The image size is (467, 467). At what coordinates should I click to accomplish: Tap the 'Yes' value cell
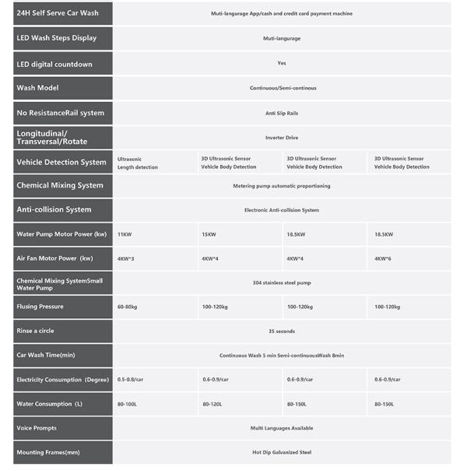[281, 63]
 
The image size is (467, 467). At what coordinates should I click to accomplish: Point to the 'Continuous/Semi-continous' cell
[282, 88]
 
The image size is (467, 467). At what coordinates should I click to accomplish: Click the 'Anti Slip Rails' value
[281, 113]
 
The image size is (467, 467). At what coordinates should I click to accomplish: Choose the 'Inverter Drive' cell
[281, 138]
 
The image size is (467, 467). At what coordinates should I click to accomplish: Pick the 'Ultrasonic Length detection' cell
[138, 163]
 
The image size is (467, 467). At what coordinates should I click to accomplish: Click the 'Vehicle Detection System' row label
[61, 162]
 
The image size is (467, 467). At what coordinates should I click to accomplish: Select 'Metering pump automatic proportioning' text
[281, 186]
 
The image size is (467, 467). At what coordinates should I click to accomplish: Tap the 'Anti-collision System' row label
[54, 209]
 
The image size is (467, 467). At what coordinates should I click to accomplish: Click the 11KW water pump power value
[125, 234]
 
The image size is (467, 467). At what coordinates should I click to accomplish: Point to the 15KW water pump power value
[209, 234]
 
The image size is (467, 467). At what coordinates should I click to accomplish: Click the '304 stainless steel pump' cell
[281, 282]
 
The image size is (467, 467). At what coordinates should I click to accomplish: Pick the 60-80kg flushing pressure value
[129, 307]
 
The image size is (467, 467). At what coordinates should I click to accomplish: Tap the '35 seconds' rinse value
[281, 331]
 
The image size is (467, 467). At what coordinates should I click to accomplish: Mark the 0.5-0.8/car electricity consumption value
[133, 379]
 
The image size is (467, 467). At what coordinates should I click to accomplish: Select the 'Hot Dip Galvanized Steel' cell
[281, 452]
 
